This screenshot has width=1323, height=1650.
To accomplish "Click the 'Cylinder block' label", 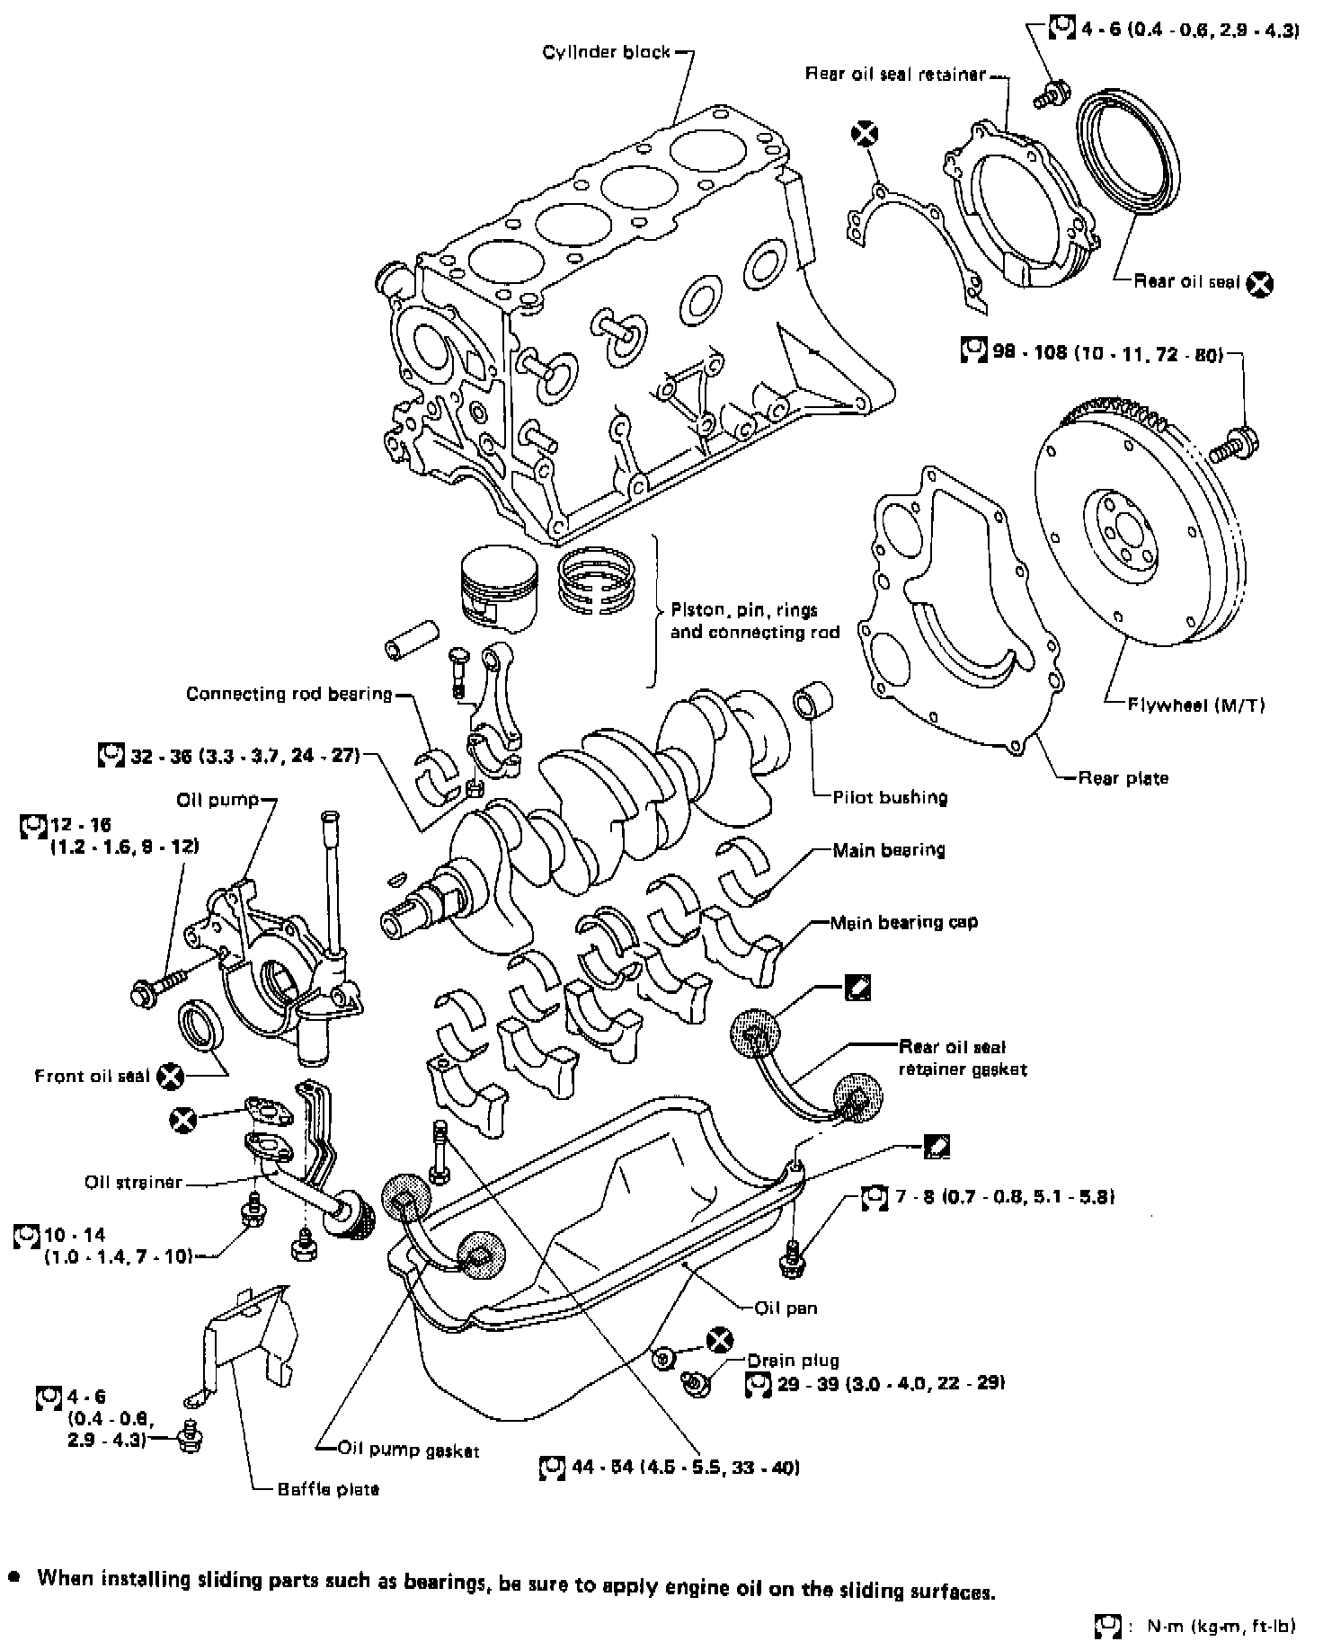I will (606, 52).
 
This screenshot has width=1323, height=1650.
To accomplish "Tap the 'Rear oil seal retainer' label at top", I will (895, 74).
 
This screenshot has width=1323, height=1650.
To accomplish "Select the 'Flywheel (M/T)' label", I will (1195, 705).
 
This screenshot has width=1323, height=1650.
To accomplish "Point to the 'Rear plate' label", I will (1123, 778).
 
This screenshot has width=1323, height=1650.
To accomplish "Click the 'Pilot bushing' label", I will (890, 797).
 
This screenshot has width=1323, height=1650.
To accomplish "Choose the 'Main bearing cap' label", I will (903, 922).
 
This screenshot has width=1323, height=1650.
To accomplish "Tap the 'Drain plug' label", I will (793, 1361).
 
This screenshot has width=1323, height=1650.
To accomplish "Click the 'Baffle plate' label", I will (328, 1489).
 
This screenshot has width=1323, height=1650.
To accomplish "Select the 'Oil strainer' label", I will (133, 1182).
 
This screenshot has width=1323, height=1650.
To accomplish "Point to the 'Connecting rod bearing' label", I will (289, 694).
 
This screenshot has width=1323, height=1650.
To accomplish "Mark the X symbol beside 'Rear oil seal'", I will (1261, 284).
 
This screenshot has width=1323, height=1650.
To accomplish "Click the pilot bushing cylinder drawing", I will (812, 702).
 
